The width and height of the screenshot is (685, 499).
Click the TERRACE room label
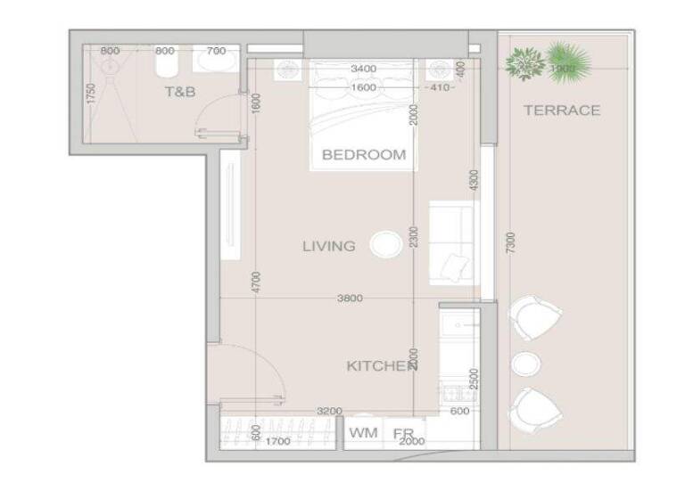(x=561, y=110)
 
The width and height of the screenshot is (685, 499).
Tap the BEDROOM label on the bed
(x=363, y=154)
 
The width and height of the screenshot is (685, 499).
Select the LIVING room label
(x=328, y=246)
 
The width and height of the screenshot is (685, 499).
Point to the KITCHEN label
(x=382, y=366)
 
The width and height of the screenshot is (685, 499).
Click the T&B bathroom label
(x=179, y=92)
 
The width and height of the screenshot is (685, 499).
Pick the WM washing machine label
(x=362, y=433)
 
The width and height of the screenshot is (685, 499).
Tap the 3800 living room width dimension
(x=350, y=299)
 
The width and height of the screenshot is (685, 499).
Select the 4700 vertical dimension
(x=256, y=282)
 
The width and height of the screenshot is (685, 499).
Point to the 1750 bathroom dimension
(x=90, y=94)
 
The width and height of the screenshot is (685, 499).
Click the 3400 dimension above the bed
(x=363, y=69)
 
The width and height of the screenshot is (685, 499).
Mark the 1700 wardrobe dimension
(x=277, y=440)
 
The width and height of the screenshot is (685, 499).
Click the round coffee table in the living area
(x=386, y=244)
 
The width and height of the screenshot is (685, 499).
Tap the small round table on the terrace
(x=525, y=364)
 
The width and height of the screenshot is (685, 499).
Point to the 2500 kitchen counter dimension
(x=474, y=380)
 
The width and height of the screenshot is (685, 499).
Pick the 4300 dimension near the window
(x=474, y=179)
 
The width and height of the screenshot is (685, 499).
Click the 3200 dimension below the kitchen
(x=330, y=411)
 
